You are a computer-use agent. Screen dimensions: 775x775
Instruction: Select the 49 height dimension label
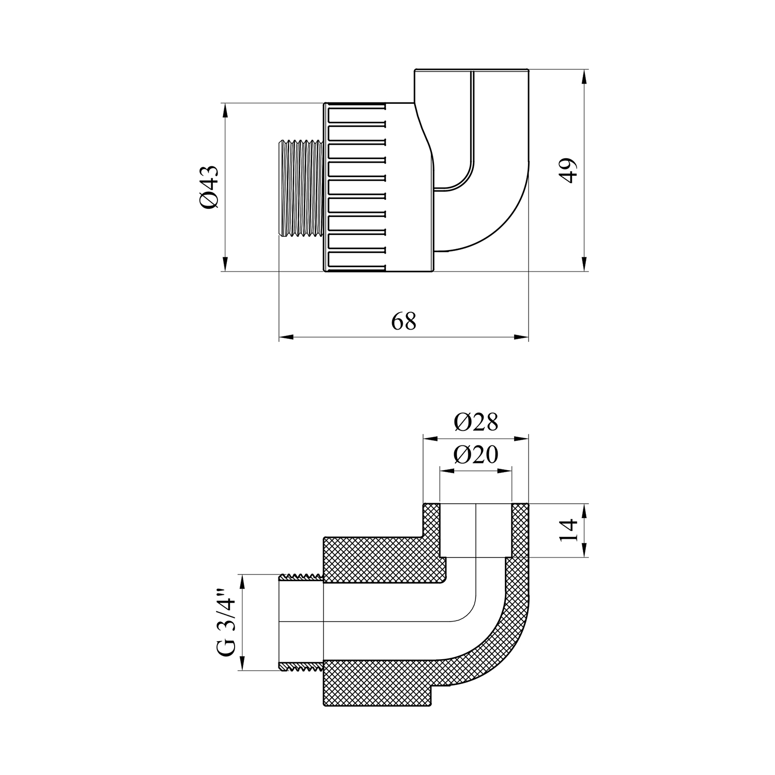[x=569, y=170]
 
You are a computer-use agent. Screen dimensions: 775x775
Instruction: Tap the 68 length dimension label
[x=404, y=321]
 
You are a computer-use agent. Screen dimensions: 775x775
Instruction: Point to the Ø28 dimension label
[x=476, y=422]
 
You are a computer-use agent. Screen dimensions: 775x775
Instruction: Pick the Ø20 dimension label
[x=476, y=455]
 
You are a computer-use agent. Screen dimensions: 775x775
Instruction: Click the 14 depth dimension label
[x=569, y=531]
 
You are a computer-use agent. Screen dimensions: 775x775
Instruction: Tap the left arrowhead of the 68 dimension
[x=286, y=338]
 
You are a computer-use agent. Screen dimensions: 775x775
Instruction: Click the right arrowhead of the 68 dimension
[x=521, y=338]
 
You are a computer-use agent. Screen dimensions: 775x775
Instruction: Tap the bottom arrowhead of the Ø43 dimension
[x=225, y=264]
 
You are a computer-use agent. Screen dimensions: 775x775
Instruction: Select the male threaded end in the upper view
[x=301, y=188]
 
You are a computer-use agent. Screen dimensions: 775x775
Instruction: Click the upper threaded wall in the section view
[x=301, y=577]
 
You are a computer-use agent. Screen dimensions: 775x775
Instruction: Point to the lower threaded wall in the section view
[x=301, y=667]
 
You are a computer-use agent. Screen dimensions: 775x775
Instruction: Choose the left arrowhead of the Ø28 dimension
[x=430, y=439]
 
